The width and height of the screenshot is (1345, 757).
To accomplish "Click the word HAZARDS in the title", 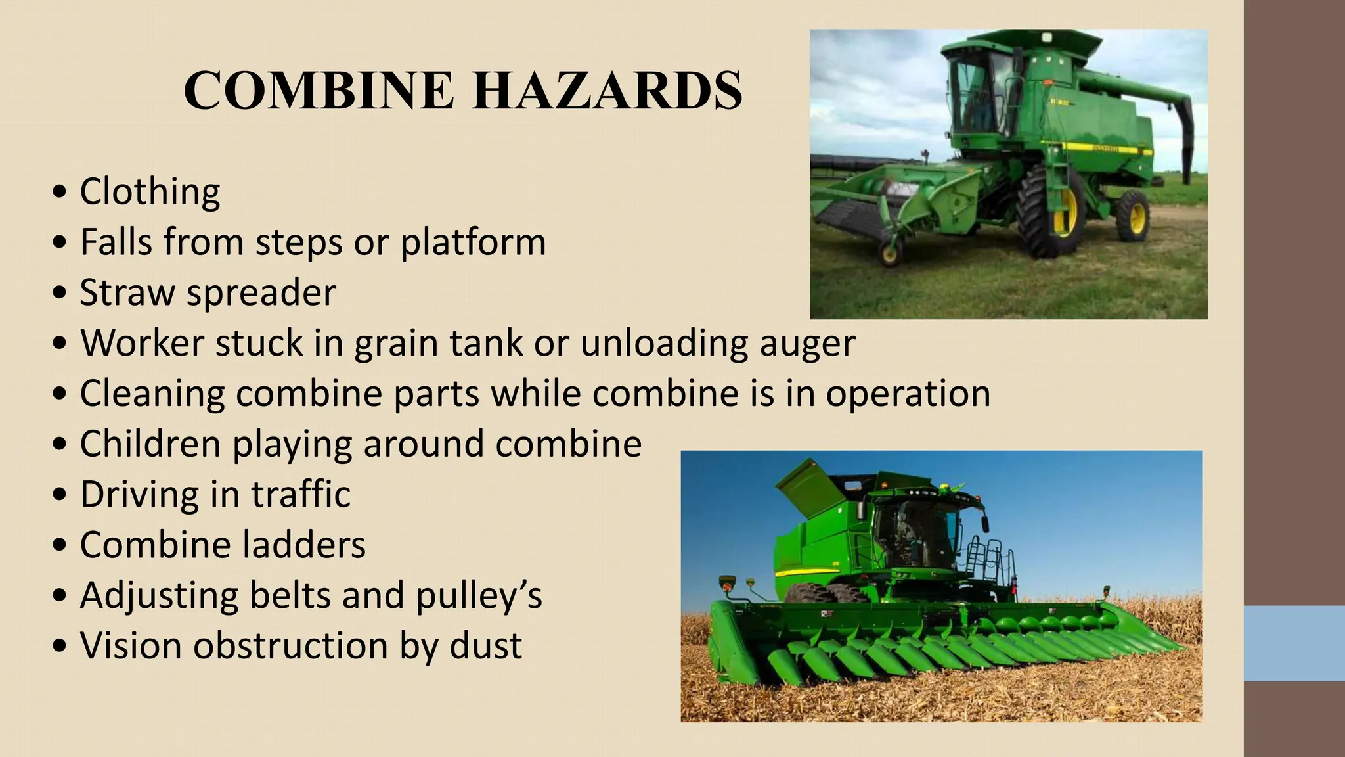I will tap(607, 91).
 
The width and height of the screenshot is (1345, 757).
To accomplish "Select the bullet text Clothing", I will tap(150, 192).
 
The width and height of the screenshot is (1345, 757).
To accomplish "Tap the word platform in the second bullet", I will tap(473, 242).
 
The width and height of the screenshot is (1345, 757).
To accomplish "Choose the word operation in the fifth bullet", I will tap(908, 394).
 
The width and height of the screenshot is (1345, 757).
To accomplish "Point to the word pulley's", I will tap(478, 595).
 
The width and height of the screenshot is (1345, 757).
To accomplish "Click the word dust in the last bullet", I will tap(486, 646).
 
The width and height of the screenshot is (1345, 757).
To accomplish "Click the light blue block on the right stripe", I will tap(1294, 643).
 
